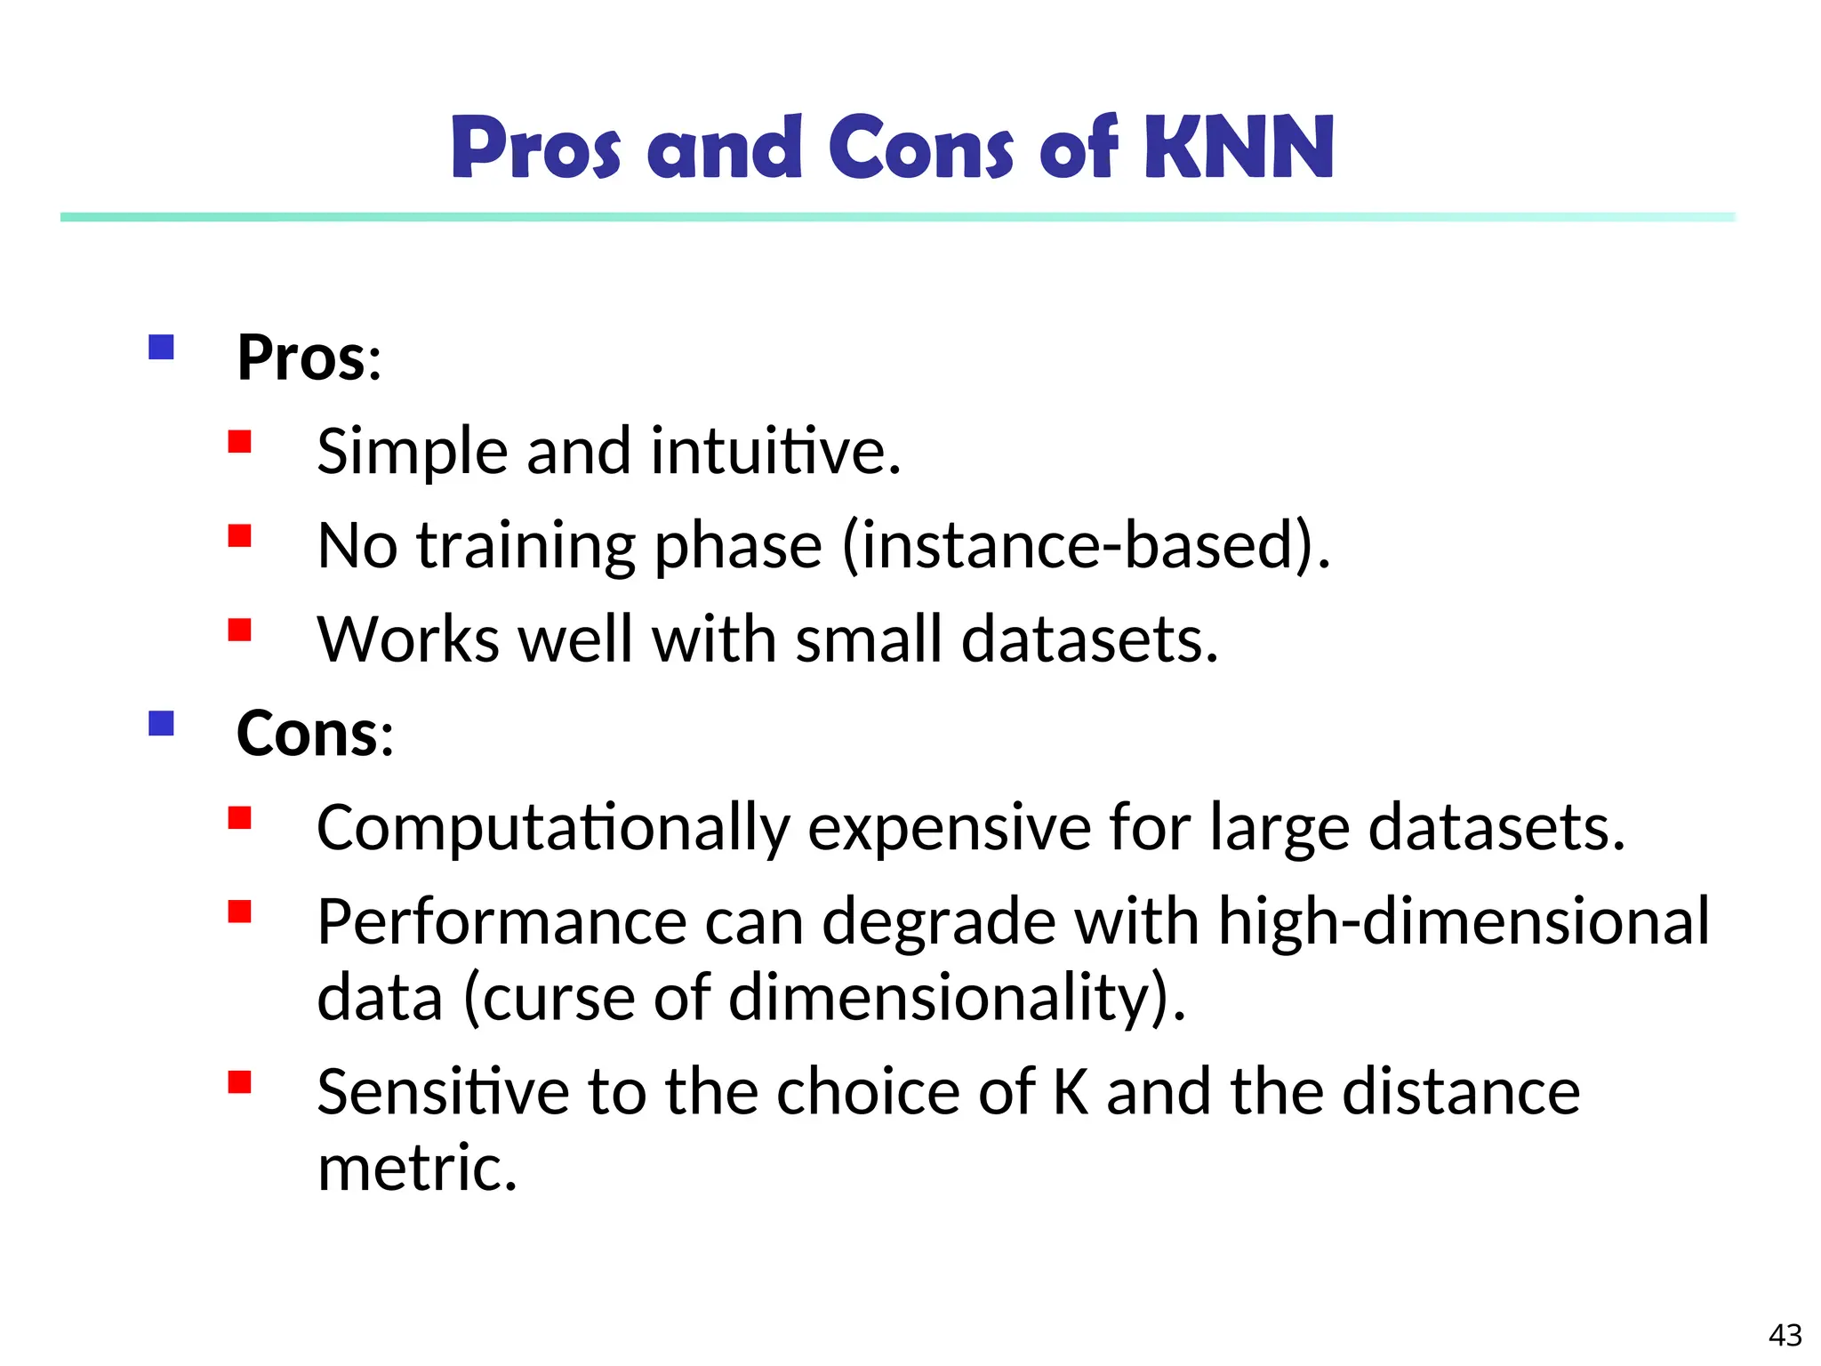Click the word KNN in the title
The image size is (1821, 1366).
point(1239,148)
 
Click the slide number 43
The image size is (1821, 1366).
point(1785,1335)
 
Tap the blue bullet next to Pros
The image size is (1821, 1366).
point(161,347)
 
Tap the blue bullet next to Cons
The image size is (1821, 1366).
point(161,723)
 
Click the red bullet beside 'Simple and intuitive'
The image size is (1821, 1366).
point(240,442)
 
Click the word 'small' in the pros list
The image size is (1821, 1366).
point(868,639)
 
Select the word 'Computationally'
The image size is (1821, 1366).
point(553,828)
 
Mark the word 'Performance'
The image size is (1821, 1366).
point(501,921)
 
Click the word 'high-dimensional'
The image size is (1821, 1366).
point(1464,921)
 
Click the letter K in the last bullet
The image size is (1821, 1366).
point(1071,1092)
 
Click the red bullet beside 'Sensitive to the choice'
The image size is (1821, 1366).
point(240,1082)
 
